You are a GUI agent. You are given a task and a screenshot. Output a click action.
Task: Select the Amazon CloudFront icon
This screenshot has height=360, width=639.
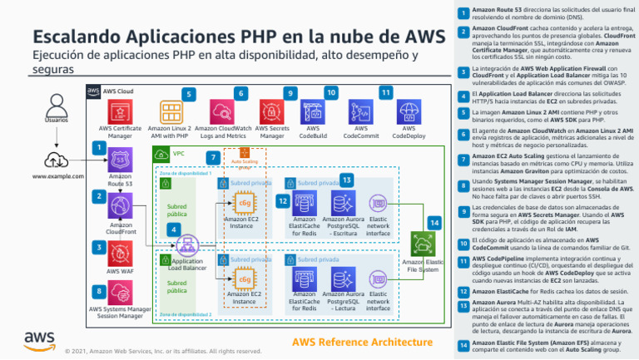[x=121, y=207]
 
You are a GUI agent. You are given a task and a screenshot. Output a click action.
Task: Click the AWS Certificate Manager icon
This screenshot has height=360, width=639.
[x=121, y=111]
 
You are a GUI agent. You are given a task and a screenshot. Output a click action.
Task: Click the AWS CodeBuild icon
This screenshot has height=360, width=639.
[x=314, y=111]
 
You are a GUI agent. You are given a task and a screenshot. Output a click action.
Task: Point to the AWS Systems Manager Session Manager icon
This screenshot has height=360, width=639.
[x=121, y=293]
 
